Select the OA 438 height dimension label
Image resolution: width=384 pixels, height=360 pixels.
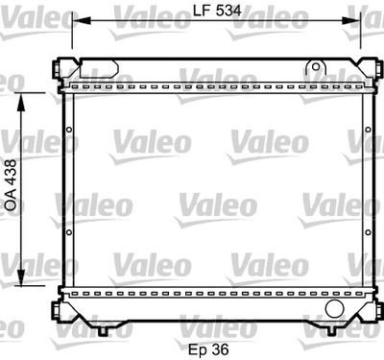point(12,185)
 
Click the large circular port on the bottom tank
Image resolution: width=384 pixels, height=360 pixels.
point(334,309)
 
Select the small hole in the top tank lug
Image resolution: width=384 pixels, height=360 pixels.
point(313,66)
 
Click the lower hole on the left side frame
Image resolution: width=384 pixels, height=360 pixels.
point(69,232)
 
